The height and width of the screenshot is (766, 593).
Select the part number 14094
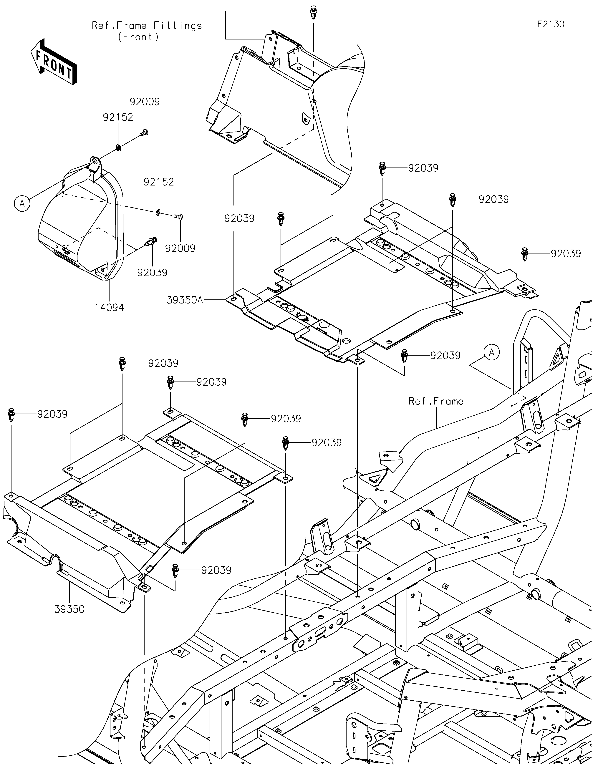coord(109,308)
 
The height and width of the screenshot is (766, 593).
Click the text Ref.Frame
coord(436,401)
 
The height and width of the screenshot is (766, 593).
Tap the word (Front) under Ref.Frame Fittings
coord(138,37)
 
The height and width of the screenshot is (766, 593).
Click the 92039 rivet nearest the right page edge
coord(525,254)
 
